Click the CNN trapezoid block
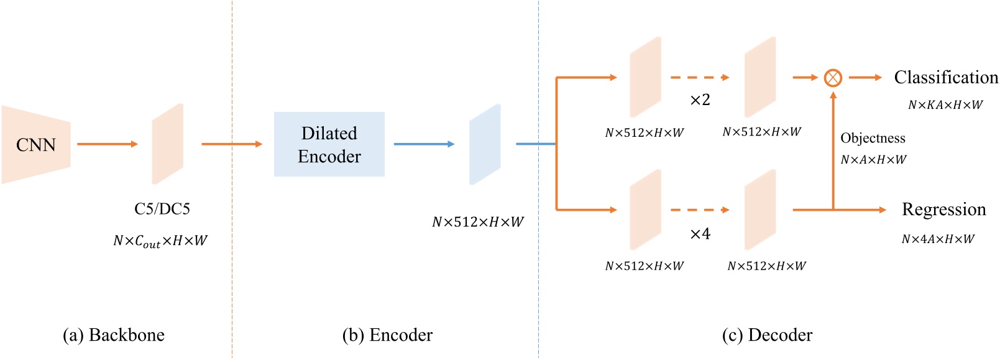click(36, 145)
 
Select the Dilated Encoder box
click(329, 144)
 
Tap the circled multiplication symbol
click(833, 78)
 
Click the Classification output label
click(945, 78)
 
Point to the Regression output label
click(943, 210)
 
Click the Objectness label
click(873, 138)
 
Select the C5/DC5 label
click(162, 209)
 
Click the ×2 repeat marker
click(700, 100)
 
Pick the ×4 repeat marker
click(700, 234)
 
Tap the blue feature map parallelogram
click(485, 144)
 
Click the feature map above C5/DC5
click(168, 144)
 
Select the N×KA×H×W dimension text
click(945, 105)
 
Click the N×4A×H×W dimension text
click(938, 239)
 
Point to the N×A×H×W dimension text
click(873, 160)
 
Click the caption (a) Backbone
click(114, 335)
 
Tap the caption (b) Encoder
click(387, 335)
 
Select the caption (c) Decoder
click(767, 335)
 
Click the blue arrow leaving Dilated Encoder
click(424, 144)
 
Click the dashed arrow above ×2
click(700, 78)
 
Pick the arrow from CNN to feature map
click(107, 144)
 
